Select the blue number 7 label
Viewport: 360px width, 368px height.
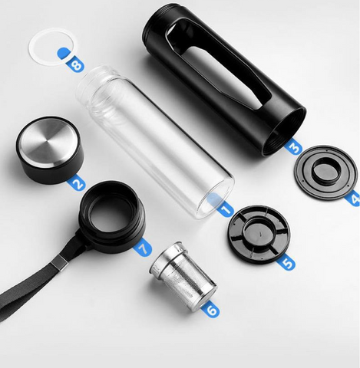(x=143, y=247)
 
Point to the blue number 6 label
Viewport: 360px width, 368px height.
(x=210, y=309)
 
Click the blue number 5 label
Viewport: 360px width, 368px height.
(x=286, y=262)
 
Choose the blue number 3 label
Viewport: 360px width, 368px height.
(x=293, y=147)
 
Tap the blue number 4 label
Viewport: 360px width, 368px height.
(x=353, y=199)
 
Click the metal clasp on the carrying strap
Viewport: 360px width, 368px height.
(x=60, y=264)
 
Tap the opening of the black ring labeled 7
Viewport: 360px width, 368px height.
(x=112, y=208)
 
